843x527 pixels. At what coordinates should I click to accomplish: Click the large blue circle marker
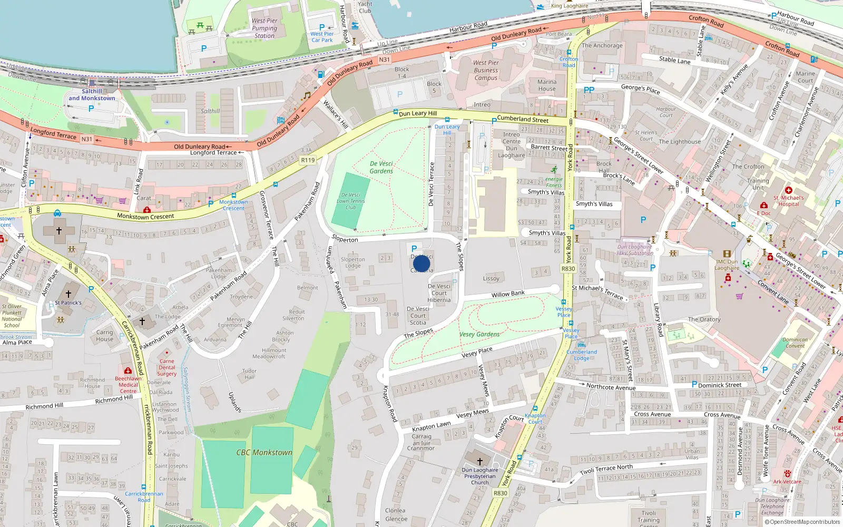421,263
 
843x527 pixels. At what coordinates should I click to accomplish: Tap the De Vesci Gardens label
381,167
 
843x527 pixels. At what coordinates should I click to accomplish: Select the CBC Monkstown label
264,452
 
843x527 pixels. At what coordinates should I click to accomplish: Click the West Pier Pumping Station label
264,28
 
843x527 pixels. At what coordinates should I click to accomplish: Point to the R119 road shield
308,160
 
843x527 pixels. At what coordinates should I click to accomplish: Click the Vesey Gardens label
479,334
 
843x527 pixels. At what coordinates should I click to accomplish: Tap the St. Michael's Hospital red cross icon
788,190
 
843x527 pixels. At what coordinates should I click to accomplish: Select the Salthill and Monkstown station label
92,95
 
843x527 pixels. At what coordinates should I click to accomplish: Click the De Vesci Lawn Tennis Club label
351,201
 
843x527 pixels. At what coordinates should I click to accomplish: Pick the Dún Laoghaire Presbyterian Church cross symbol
480,461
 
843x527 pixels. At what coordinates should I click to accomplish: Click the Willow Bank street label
508,294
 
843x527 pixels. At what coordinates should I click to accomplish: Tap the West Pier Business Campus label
486,70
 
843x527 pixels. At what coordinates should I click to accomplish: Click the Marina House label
547,85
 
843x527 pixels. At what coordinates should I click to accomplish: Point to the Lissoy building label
491,278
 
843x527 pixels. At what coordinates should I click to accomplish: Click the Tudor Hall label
249,374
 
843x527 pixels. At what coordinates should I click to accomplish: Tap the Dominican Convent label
795,343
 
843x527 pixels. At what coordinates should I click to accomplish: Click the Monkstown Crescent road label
145,217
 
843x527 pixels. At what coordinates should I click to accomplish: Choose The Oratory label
704,319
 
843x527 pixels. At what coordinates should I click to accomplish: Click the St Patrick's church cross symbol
68,294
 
